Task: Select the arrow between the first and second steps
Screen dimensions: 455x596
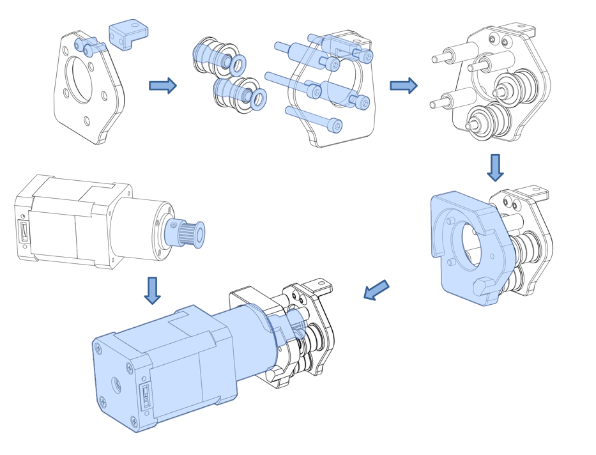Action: click(162, 86)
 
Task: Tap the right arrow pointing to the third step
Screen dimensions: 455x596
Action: click(403, 86)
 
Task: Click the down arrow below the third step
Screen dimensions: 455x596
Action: click(495, 167)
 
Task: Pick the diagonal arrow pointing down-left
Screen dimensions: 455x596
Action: click(376, 289)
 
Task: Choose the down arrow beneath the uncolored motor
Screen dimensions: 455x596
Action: click(152, 290)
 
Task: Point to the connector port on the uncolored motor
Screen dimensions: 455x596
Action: click(24, 231)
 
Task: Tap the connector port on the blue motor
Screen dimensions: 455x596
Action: click(146, 396)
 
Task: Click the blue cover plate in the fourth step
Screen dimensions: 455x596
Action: click(460, 249)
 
